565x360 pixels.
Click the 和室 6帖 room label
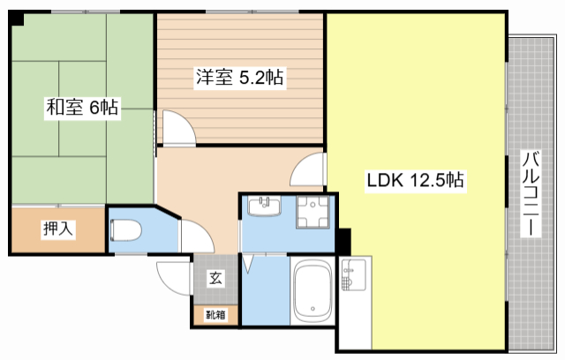[x=82, y=107]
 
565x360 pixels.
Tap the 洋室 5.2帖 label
[x=239, y=76]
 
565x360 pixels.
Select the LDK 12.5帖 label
[x=415, y=179]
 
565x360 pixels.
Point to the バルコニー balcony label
[x=531, y=194]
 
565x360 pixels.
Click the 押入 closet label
[x=58, y=229]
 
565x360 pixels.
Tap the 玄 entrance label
[x=215, y=278]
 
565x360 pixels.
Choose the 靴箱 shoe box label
[x=215, y=315]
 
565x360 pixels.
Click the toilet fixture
[x=125, y=230]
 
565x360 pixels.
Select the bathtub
[x=313, y=290]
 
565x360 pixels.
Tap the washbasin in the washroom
[x=265, y=206]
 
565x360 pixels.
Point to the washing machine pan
[x=313, y=212]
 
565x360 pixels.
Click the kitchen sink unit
[x=353, y=274]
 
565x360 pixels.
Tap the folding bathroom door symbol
[x=248, y=264]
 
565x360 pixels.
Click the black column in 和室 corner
[x=16, y=18]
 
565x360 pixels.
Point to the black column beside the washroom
[x=343, y=241]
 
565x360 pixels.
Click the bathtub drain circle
[x=313, y=309]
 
